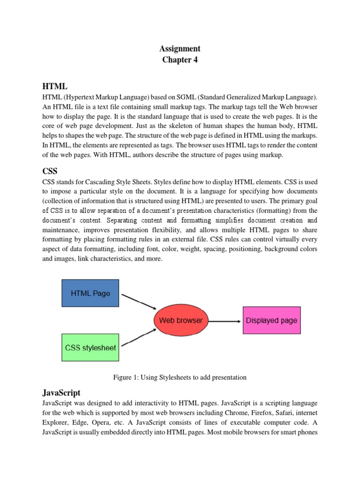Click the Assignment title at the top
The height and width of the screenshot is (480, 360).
point(180,48)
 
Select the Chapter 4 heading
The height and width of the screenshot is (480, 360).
point(180,60)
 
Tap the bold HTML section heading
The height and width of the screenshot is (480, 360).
point(55,87)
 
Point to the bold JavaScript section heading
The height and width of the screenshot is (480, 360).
point(61,393)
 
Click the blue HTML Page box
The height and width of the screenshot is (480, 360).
point(90,293)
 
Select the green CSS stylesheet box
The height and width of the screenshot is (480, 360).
point(90,348)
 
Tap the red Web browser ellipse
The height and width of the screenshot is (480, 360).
point(180,321)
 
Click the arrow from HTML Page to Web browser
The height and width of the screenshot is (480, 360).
point(139,301)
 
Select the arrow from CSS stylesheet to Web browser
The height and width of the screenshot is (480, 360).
point(139,340)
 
